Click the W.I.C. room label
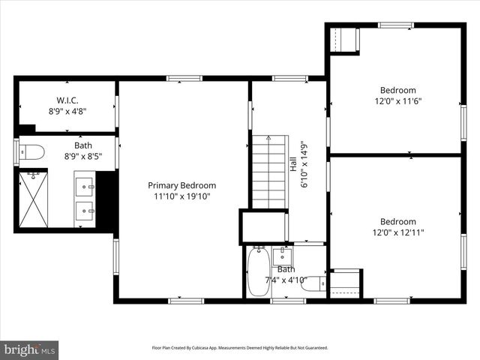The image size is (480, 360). [67, 100]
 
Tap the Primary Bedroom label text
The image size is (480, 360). [181, 185]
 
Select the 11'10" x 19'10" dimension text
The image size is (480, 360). [181, 196]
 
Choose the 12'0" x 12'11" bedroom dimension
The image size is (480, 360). [397, 232]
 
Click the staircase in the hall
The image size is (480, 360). [268, 171]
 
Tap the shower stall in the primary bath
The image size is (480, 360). [33, 199]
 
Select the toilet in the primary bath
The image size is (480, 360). [31, 152]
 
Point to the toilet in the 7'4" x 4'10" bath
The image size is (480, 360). [317, 283]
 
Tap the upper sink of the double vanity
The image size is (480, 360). [84, 183]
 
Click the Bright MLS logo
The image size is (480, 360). [30, 349]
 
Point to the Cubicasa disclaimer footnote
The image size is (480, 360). [240, 348]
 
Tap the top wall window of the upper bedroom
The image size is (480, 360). [395, 25]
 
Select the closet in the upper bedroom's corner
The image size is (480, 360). [345, 40]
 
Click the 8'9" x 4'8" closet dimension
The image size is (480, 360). [67, 111]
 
